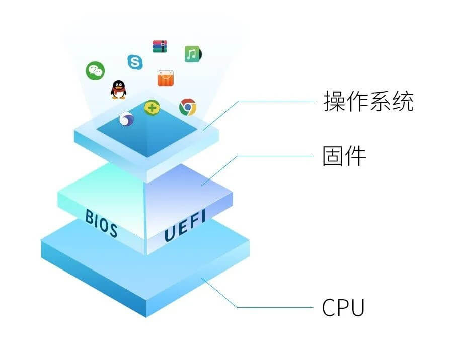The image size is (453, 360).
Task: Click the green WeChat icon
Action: tap(95, 71)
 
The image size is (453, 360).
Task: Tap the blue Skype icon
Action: tap(135, 62)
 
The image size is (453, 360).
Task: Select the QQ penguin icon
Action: tap(118, 90)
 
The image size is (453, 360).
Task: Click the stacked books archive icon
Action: tap(160, 46)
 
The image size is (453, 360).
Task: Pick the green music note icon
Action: tap(193, 54)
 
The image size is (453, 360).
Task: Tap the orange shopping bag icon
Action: tap(166, 78)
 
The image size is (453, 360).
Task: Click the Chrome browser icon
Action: tap(188, 107)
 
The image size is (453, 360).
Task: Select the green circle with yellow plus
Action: tap(152, 108)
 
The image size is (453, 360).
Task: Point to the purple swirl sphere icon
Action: tap(126, 119)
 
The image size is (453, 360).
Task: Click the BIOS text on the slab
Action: tap(101, 223)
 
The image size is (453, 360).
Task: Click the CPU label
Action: tap(343, 307)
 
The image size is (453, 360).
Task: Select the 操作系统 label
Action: tap(368, 101)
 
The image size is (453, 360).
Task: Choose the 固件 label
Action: tap(344, 156)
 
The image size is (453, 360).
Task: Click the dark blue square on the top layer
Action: tap(147, 129)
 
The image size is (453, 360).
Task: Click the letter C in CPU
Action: tap(329, 307)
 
